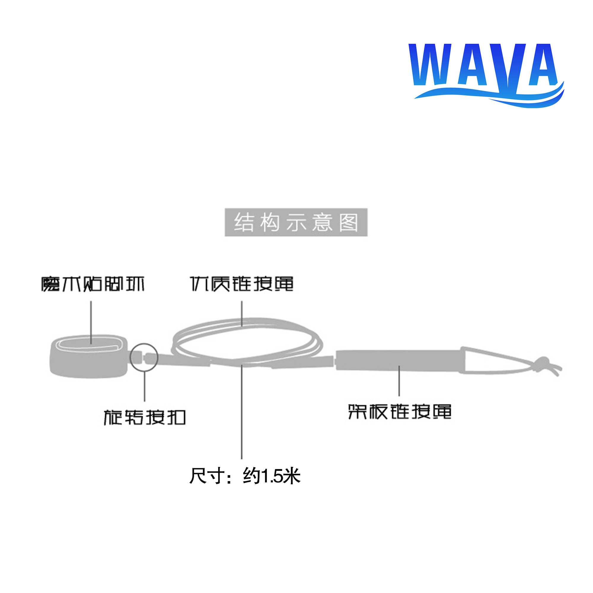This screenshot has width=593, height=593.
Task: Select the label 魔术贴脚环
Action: (93, 284)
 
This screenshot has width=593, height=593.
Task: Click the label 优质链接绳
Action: (242, 284)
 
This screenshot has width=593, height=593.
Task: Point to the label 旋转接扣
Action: (145, 417)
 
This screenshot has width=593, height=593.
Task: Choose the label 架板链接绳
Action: (400, 412)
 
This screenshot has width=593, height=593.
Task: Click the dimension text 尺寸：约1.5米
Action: (245, 476)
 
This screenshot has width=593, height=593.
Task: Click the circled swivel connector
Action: (144, 358)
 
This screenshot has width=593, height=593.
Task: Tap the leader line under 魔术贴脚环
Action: (91, 322)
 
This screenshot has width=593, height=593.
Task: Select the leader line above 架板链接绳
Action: (399, 381)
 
